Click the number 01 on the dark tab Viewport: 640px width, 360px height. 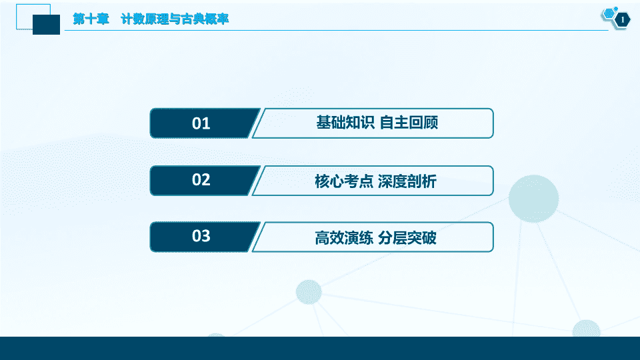(201, 123)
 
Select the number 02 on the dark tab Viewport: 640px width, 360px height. (201, 179)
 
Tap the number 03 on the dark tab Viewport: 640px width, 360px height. (201, 236)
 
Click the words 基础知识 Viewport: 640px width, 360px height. (345, 123)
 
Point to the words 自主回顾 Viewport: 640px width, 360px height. (409, 123)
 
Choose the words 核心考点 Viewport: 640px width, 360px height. (344, 181)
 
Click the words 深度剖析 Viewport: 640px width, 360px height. (407, 181)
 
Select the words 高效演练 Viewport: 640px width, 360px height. (344, 237)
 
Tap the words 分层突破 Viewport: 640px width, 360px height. (407, 237)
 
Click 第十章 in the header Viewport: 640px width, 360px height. (91, 19)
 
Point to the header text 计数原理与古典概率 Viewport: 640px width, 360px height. (175, 19)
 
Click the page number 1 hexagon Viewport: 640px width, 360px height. (622, 19)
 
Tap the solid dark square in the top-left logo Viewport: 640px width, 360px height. (46, 25)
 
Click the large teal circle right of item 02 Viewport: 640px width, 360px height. (533, 199)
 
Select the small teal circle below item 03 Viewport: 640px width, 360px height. (309, 292)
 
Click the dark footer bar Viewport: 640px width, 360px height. (320, 348)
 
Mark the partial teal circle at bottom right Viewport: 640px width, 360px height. (587, 329)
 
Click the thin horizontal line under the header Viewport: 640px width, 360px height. (336, 30)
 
